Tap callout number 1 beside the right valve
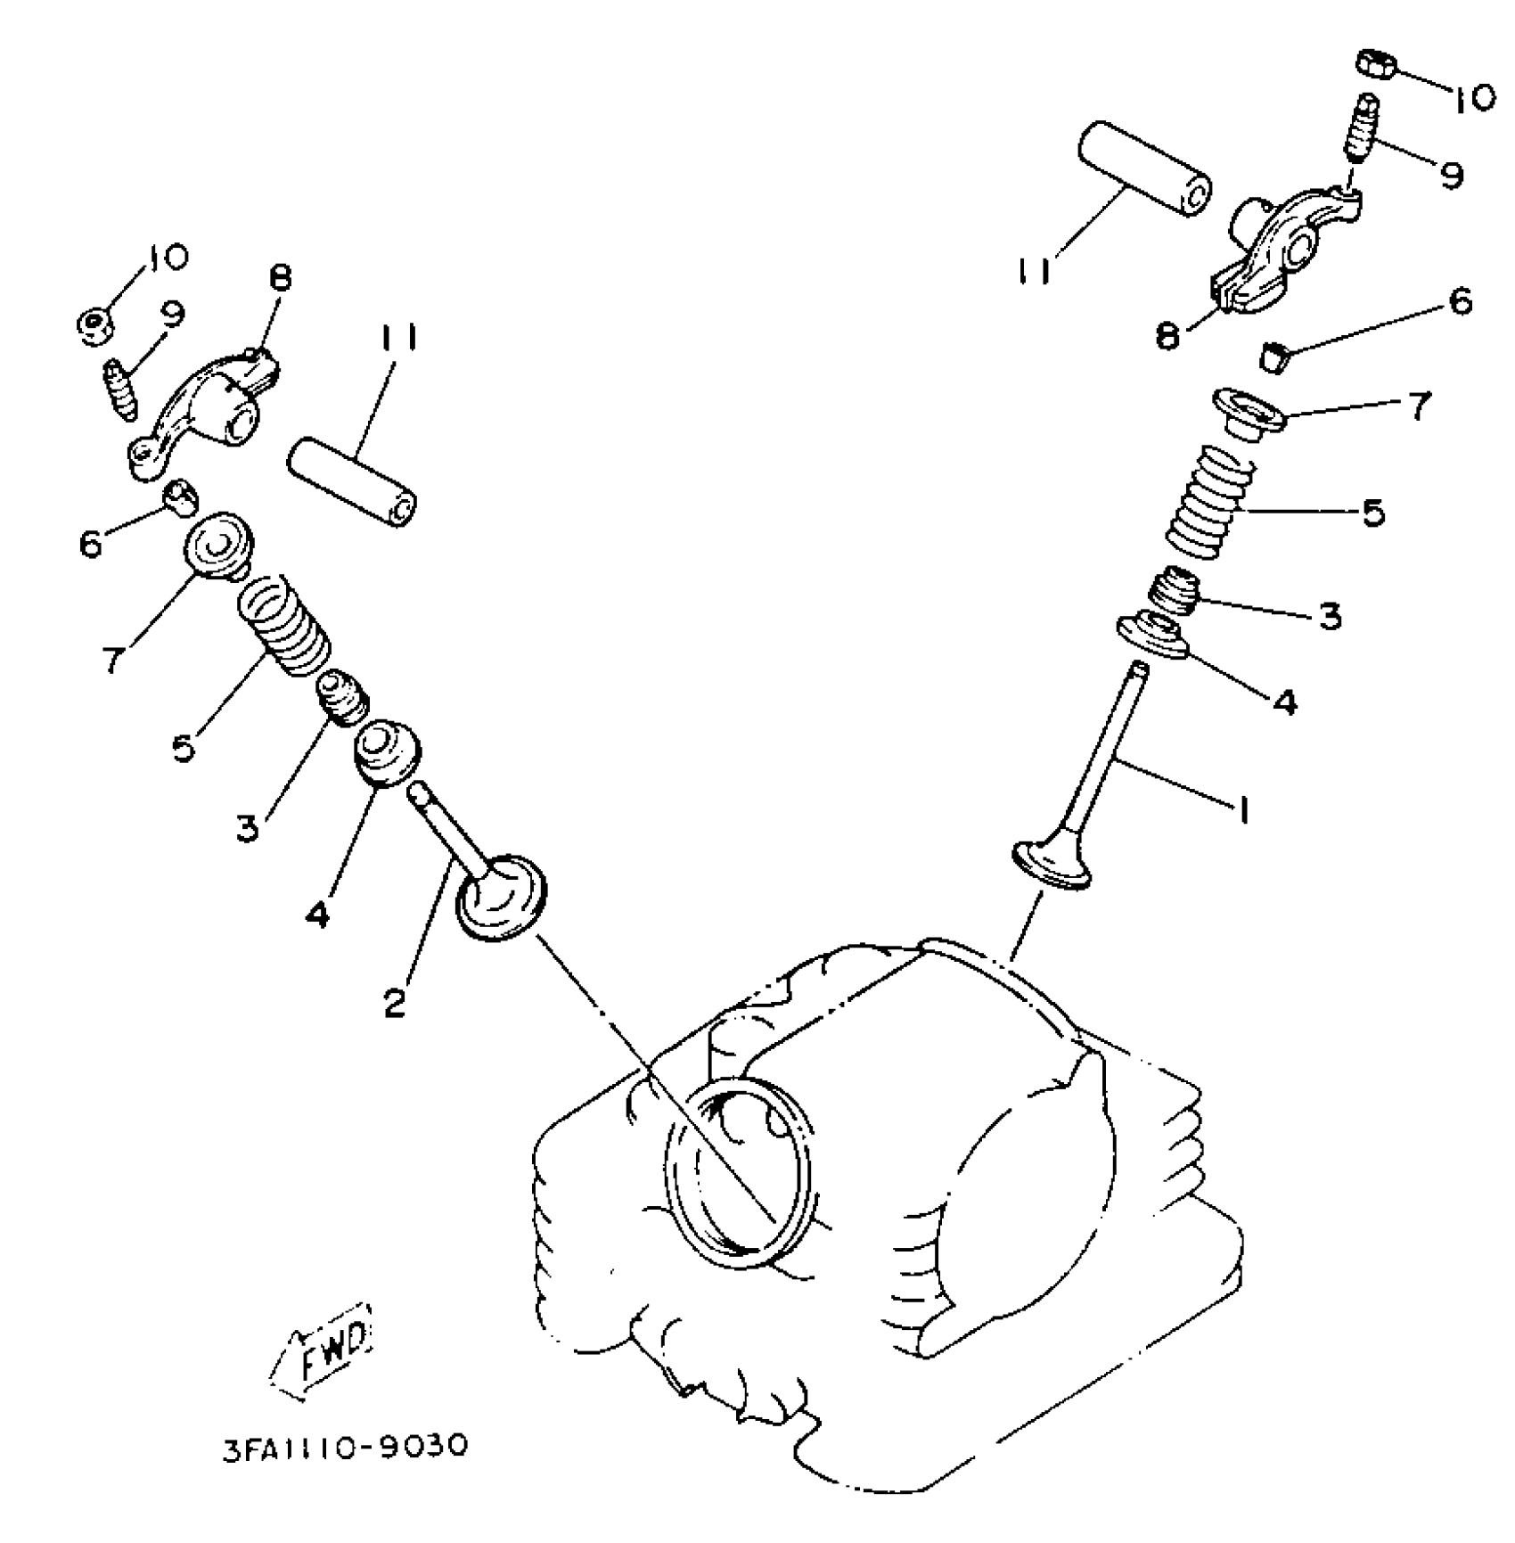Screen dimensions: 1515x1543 click(x=1240, y=808)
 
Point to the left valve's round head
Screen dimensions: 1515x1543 click(x=500, y=896)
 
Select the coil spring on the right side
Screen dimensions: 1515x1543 click(x=1208, y=504)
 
